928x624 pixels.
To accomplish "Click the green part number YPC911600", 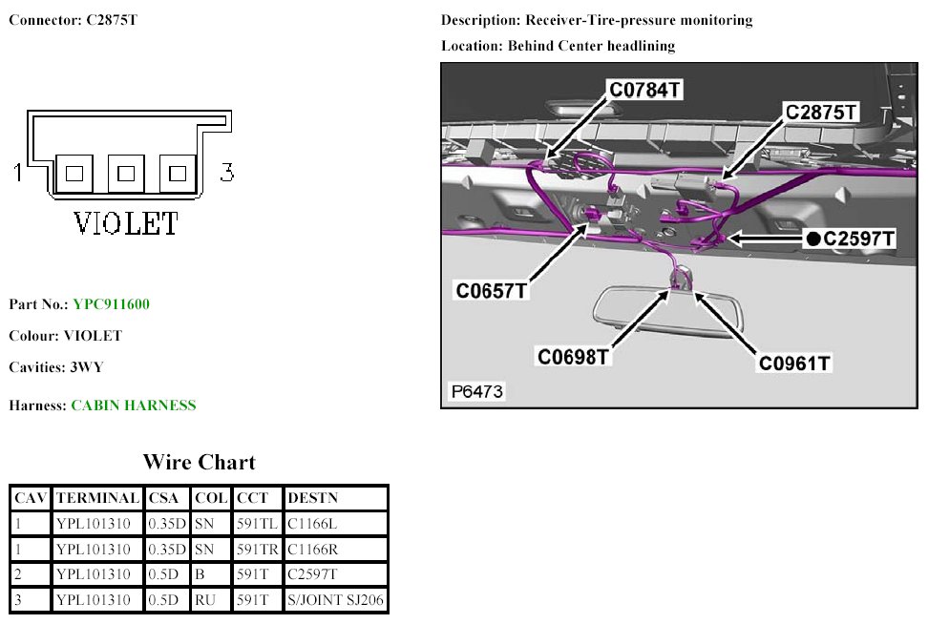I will (111, 304).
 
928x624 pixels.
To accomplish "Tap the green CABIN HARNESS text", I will (134, 406).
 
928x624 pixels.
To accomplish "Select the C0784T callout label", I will (646, 92).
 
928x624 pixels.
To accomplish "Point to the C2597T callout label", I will (858, 239).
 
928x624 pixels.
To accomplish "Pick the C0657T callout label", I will (492, 290).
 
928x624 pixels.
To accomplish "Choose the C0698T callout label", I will (573, 357).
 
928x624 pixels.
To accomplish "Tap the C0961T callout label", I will (795, 363).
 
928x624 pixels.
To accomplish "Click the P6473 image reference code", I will (476, 391).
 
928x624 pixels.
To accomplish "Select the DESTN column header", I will (312, 498).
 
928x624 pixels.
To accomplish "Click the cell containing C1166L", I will (312, 524).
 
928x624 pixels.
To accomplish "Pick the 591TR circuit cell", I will (258, 550).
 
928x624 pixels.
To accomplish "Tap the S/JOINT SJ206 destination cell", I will (335, 601).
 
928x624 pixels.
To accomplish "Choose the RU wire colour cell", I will (205, 601).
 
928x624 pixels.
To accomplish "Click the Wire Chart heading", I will (200, 463).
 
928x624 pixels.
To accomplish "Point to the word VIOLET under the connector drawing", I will (126, 224).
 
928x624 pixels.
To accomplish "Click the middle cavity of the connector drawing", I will (126, 174).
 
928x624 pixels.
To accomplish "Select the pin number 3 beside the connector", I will (227, 173).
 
